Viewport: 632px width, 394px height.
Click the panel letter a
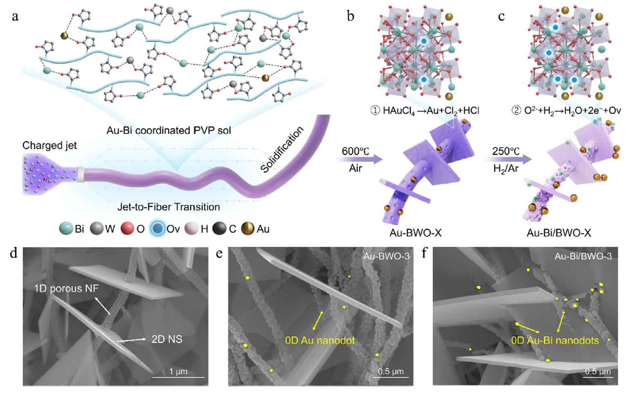click(15, 16)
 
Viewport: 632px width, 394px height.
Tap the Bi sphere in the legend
click(66, 228)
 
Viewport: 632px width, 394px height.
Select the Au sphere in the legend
click(248, 228)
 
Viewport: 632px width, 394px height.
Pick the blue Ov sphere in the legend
click(157, 228)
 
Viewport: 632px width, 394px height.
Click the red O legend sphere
click(127, 228)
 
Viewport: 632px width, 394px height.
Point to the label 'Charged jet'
click(49, 146)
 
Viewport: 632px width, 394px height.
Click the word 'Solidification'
click(282, 149)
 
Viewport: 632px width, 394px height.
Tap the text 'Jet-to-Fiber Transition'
click(169, 207)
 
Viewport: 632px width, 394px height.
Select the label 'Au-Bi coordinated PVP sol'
click(169, 130)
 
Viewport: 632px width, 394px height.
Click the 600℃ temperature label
click(355, 151)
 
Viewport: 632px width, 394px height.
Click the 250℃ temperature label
click(506, 151)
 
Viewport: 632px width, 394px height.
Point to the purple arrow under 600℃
click(359, 159)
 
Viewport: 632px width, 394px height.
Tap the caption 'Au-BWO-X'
click(415, 233)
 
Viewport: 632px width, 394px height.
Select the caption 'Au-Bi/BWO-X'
click(559, 233)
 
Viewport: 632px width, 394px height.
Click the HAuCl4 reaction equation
click(425, 111)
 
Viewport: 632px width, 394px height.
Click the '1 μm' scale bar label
click(178, 371)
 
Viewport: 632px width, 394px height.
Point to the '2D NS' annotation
click(167, 339)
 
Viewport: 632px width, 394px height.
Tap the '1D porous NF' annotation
click(67, 289)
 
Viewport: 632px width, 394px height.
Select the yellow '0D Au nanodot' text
click(320, 340)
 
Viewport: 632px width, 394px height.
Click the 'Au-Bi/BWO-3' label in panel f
click(583, 256)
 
